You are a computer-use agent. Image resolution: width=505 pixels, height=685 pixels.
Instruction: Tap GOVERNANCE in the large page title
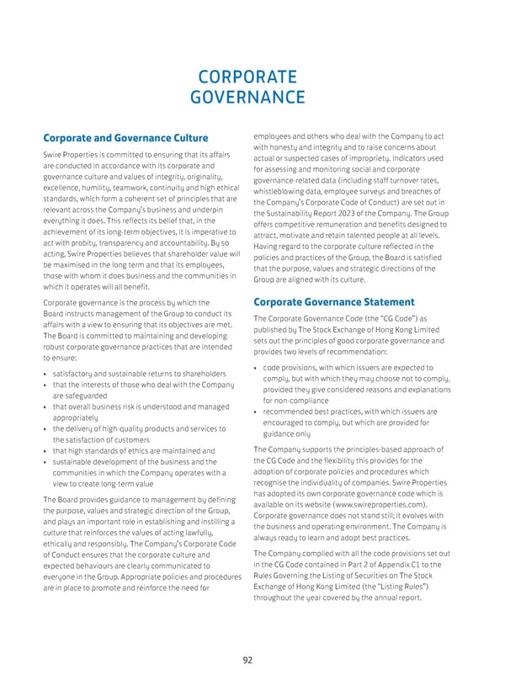(x=252, y=99)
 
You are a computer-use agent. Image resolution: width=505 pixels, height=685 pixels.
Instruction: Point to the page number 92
(x=247, y=661)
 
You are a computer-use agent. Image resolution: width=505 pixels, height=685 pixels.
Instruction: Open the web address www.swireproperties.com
(x=381, y=502)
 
